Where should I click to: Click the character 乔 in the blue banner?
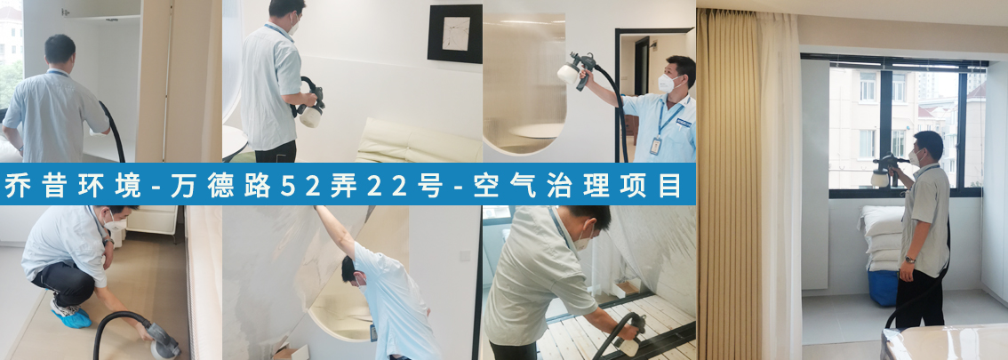point(18,185)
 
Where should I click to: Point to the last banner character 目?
point(669,185)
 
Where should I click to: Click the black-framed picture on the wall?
point(455,34)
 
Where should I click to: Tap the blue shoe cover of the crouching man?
point(71,317)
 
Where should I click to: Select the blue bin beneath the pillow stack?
point(884,288)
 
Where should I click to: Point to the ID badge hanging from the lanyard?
point(655,146)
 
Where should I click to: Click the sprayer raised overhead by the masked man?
point(577,68)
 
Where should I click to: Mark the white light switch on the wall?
point(464,255)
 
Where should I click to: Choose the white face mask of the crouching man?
point(116,224)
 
